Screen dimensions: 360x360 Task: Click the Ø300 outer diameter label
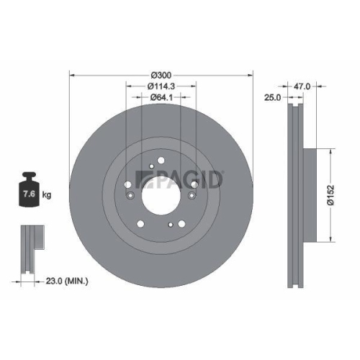tap(161, 75)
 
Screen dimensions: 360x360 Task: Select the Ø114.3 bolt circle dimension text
tap(161, 86)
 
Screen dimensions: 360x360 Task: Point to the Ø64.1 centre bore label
tap(161, 97)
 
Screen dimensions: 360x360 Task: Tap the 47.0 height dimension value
tap(302, 86)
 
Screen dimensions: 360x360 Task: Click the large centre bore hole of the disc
tap(161, 195)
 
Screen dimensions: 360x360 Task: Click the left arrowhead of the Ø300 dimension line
tap(71, 75)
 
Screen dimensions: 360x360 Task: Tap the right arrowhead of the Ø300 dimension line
tap(252, 75)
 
